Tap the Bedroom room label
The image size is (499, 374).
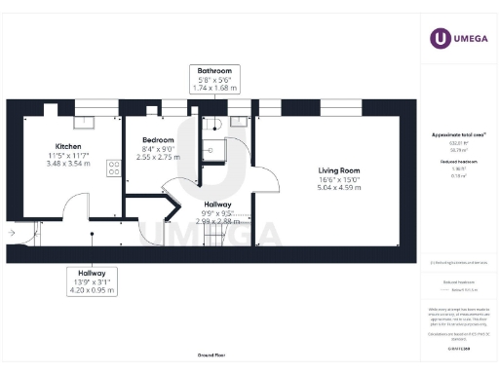pyautogui.click(x=157, y=139)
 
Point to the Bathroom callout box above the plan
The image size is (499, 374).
pyautogui.click(x=214, y=80)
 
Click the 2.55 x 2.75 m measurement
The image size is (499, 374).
pyautogui.click(x=157, y=157)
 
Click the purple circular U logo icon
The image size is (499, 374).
pyautogui.click(x=440, y=38)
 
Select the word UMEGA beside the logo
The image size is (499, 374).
pyautogui.click(x=470, y=38)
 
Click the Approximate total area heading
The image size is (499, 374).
pyautogui.click(x=458, y=134)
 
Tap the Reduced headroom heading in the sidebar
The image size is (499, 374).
pyautogui.click(x=458, y=160)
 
